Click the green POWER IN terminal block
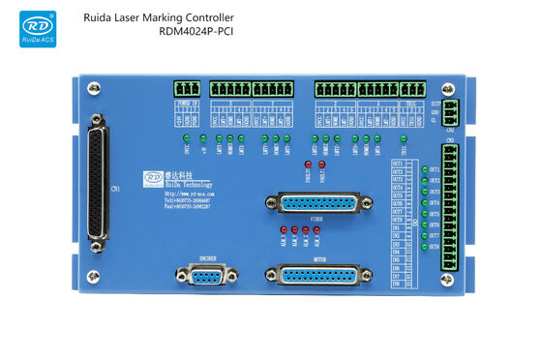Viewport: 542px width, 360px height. (x=188, y=88)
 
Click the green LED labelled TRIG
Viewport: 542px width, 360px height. (x=404, y=137)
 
